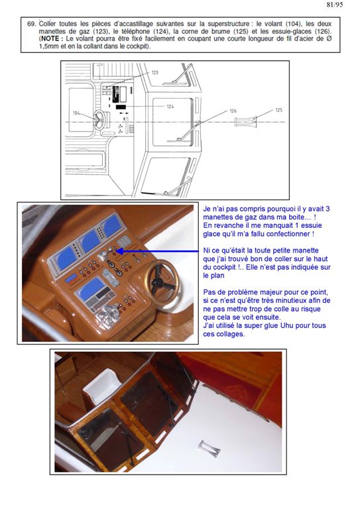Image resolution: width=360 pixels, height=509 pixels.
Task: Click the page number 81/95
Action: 334,5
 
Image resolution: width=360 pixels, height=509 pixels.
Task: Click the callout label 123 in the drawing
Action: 155,72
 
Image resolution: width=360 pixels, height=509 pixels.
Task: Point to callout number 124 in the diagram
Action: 170,107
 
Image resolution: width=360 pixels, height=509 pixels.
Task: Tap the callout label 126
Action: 233,111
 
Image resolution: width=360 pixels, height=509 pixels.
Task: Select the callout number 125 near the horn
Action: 279,110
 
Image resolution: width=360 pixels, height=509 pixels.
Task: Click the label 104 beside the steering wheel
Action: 76,113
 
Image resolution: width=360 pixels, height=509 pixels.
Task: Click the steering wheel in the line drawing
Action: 99,120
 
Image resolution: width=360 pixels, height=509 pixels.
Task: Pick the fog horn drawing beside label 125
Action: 246,123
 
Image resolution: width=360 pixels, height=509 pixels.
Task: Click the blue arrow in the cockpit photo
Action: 157,251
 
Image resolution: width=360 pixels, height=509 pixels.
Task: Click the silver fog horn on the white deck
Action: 209,449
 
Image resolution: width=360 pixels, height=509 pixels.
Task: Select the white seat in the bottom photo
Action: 103,386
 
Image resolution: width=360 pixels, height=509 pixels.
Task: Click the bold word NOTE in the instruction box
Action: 50,38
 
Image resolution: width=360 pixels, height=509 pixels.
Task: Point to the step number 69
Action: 31,24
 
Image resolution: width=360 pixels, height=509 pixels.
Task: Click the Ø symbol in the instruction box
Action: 329,38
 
